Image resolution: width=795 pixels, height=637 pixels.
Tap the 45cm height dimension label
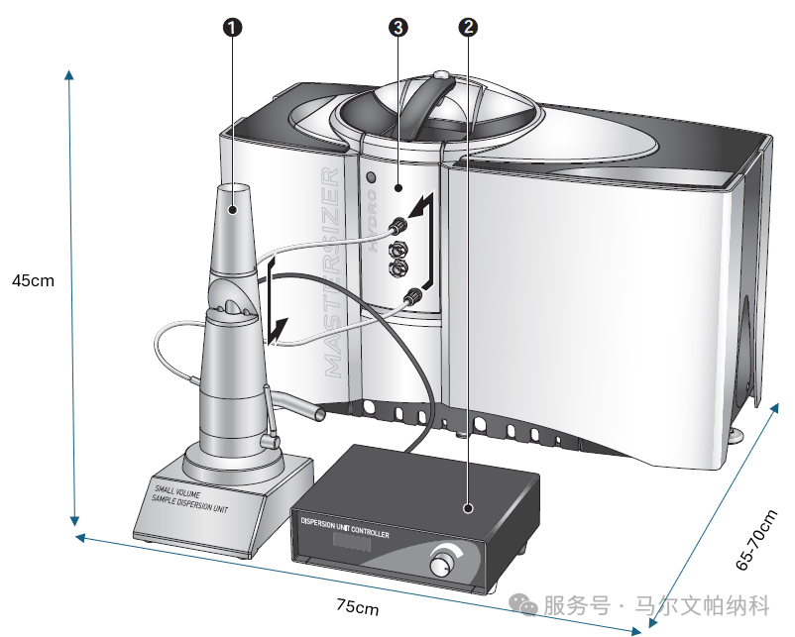(x=33, y=280)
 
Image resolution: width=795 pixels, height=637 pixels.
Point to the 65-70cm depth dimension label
(x=757, y=540)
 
